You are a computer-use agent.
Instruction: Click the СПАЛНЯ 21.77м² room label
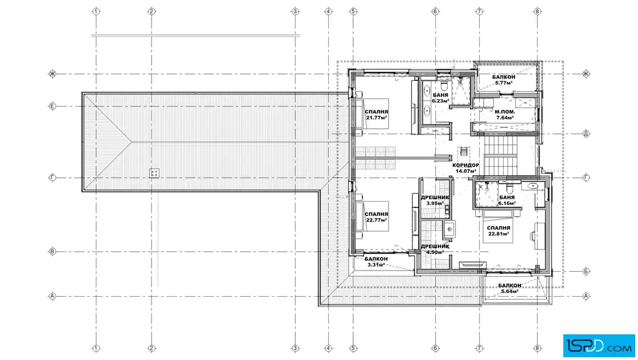[x=377, y=114]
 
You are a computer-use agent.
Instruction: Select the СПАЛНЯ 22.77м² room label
[x=377, y=217]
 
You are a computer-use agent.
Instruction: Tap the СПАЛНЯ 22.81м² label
[x=499, y=231]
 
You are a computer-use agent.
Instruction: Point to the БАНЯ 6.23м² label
[x=441, y=98]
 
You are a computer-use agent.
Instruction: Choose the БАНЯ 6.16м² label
[x=507, y=201]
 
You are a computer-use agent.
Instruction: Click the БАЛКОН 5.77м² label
[x=504, y=80]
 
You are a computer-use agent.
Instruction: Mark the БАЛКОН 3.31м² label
[x=376, y=261]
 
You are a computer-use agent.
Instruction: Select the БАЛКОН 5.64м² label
[x=509, y=288]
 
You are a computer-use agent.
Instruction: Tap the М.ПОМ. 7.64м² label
[x=505, y=114]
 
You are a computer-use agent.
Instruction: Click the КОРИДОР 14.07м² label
[x=466, y=169]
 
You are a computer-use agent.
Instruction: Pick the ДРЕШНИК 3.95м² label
[x=435, y=201]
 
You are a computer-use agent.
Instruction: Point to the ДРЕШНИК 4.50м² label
[x=435, y=249]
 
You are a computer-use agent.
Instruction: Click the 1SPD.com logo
[x=599, y=345]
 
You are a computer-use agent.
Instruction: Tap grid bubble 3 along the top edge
[x=296, y=11]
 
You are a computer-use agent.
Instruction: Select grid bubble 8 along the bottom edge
[x=538, y=348]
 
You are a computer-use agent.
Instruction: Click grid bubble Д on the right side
[x=586, y=133]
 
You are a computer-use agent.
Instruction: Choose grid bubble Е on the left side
[x=52, y=107]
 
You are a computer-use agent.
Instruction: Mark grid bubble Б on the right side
[x=586, y=271]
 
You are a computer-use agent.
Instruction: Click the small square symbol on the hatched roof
[x=154, y=173]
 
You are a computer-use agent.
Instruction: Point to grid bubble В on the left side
[x=52, y=252]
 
